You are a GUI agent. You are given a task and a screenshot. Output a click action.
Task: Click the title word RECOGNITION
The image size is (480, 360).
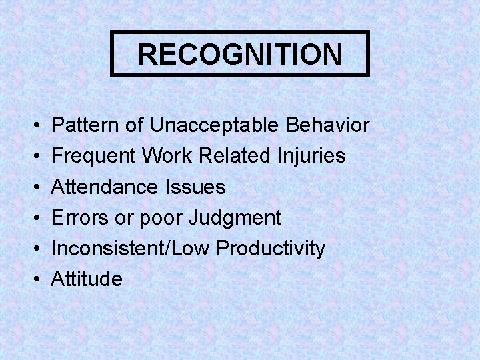pyautogui.click(x=240, y=54)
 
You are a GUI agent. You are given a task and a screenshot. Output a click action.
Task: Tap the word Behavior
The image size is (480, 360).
pyautogui.click(x=327, y=125)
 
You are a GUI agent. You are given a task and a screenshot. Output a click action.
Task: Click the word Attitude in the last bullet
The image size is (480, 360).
pyautogui.click(x=87, y=279)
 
